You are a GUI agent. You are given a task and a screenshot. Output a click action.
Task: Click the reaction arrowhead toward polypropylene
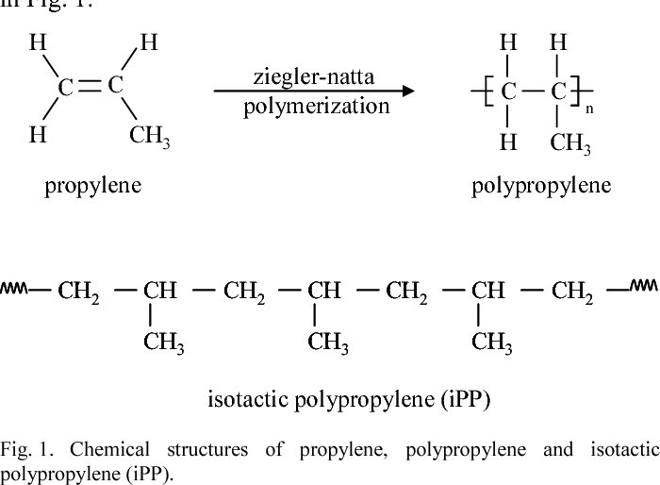pyautogui.click(x=407, y=92)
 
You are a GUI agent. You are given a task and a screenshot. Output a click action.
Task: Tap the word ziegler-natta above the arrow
pyautogui.click(x=315, y=75)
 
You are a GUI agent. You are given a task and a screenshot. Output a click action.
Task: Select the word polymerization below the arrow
pyautogui.click(x=316, y=106)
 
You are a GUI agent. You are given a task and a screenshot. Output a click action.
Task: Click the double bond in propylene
pyautogui.click(x=90, y=86)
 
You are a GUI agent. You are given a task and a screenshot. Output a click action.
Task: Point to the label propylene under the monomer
pyautogui.click(x=92, y=185)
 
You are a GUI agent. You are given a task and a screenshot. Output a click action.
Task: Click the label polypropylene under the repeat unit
pyautogui.click(x=541, y=185)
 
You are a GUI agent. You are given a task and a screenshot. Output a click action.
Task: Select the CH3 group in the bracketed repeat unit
pyautogui.click(x=570, y=144)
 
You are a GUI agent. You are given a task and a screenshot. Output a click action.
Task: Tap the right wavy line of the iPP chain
pyautogui.click(x=644, y=287)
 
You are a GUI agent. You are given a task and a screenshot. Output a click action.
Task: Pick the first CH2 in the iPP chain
pyautogui.click(x=82, y=292)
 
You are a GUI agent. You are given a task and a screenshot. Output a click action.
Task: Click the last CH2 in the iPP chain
pyautogui.click(x=574, y=292)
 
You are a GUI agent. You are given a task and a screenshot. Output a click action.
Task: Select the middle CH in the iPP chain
pyautogui.click(x=325, y=291)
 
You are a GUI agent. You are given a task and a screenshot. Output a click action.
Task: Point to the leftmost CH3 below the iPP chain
pyautogui.click(x=164, y=343)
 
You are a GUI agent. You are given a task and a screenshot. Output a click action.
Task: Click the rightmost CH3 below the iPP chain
pyautogui.click(x=492, y=343)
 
